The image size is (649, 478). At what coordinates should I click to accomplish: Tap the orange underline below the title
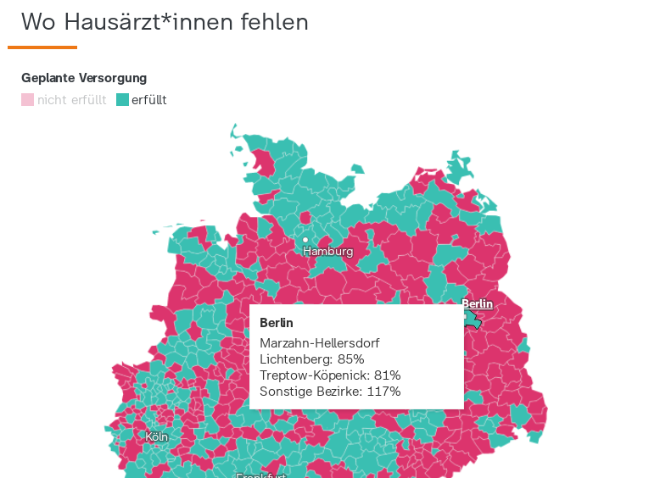[42, 47]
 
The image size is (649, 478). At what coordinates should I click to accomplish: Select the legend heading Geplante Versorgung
[84, 78]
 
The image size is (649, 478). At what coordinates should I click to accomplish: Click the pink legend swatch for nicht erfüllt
[27, 100]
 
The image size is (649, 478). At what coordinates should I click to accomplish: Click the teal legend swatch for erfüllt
[122, 100]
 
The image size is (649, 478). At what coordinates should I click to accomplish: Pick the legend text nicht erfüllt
[71, 100]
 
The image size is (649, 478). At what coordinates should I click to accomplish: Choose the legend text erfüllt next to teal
[148, 100]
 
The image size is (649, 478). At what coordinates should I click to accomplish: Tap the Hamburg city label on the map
[327, 252]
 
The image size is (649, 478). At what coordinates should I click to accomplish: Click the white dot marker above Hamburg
[305, 240]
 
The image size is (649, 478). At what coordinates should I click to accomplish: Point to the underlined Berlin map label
[477, 303]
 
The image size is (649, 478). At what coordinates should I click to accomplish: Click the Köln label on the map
[156, 437]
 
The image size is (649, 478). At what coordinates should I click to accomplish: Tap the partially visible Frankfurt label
[261, 475]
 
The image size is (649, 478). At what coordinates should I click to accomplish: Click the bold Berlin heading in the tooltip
[276, 323]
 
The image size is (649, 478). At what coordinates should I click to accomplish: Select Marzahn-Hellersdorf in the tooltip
[319, 343]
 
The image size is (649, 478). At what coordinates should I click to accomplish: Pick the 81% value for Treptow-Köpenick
[386, 375]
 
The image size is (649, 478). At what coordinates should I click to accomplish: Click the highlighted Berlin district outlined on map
[473, 320]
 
